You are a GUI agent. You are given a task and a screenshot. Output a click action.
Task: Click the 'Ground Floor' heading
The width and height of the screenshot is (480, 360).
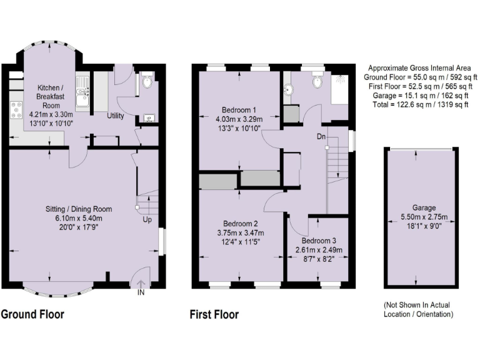click(32, 314)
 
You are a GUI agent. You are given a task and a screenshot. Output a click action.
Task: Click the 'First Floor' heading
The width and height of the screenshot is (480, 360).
click(214, 314)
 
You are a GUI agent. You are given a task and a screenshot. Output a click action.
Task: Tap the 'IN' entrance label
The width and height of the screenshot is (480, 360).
click(141, 292)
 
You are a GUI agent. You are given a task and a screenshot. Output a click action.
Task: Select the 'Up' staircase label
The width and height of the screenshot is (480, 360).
click(147, 220)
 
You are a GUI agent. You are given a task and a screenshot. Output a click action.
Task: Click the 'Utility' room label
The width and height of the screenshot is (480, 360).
click(116, 116)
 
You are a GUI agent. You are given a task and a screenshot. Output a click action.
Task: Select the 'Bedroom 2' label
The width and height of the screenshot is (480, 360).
click(241, 223)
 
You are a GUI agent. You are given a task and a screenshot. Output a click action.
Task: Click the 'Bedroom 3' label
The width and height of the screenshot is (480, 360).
click(318, 241)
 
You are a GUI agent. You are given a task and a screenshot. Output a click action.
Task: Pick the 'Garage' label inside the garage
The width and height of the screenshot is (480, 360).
click(423, 207)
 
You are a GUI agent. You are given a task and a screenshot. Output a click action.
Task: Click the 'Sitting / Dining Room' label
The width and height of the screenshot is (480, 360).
click(78, 209)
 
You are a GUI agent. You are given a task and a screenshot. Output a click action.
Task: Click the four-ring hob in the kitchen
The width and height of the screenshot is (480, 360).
click(16, 111)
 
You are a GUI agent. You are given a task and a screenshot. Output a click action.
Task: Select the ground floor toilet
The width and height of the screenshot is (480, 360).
click(147, 82)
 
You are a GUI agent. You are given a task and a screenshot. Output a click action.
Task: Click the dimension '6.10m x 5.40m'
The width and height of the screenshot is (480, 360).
click(78, 218)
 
